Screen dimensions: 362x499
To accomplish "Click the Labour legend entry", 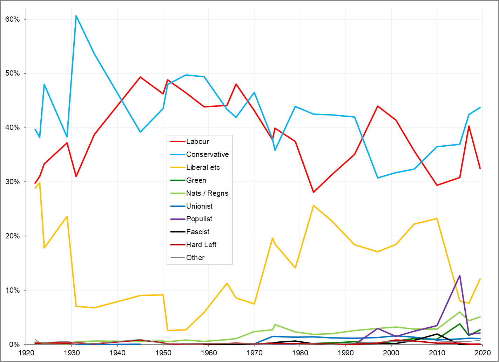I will click(197, 141).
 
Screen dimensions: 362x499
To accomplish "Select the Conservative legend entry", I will click(207, 154).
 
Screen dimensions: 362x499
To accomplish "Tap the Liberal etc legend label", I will click(203, 167).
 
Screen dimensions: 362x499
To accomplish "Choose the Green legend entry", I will click(196, 180).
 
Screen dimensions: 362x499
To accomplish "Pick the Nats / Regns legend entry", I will click(207, 193).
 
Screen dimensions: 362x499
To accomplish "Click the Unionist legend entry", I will click(199, 206).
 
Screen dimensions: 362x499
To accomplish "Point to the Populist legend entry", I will click(199, 219).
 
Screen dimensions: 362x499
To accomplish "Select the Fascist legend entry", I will click(198, 232).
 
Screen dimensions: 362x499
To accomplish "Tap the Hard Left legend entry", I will click(201, 245).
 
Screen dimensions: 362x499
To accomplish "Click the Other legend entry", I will click(195, 258).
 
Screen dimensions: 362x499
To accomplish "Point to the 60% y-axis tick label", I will click(13, 19).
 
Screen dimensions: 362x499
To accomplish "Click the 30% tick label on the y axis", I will click(13, 182).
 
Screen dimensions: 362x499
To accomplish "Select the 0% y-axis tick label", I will click(14, 344).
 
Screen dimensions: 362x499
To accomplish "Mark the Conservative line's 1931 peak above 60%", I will click(76, 16).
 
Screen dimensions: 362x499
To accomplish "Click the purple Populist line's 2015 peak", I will click(460, 276).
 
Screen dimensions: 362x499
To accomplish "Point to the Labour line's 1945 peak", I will click(140, 77).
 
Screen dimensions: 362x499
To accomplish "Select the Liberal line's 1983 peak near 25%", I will click(313, 206).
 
